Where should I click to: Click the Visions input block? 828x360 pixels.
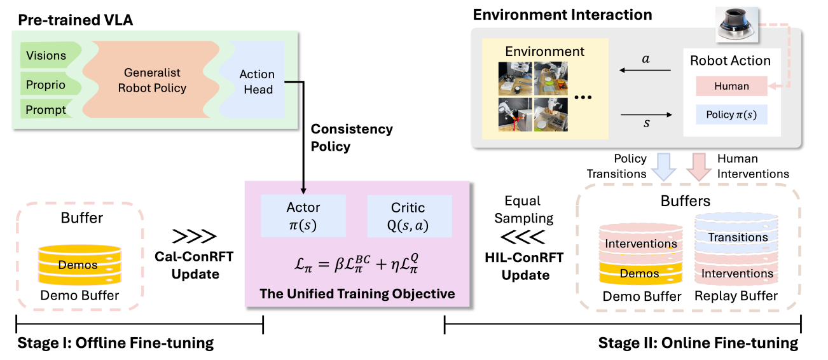click(48, 55)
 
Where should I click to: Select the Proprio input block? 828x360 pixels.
click(46, 83)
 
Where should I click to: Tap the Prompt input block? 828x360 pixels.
click(46, 110)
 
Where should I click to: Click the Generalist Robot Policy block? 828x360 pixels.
click(152, 81)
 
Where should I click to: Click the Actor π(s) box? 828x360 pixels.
click(303, 216)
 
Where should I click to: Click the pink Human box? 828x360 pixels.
click(731, 87)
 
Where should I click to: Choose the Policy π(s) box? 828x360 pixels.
click(731, 114)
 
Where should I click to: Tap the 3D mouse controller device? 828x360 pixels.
click(734, 25)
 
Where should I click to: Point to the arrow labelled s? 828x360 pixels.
click(646, 115)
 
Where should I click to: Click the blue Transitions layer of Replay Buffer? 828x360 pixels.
click(737, 237)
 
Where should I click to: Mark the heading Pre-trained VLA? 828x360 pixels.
click(75, 20)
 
